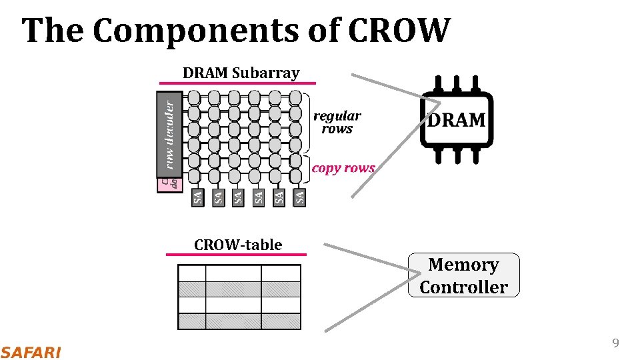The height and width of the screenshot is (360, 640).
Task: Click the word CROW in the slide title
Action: click(x=399, y=31)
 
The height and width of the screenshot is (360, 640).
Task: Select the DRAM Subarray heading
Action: click(x=241, y=73)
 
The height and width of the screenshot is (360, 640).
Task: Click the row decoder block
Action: click(x=170, y=133)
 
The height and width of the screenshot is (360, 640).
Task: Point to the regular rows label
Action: click(x=337, y=123)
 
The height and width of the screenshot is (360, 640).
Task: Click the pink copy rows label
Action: click(x=343, y=168)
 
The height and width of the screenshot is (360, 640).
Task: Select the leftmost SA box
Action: click(x=197, y=197)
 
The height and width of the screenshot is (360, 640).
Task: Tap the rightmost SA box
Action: click(x=300, y=197)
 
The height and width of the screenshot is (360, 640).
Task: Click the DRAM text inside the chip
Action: click(x=457, y=121)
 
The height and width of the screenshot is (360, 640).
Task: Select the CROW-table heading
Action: click(x=238, y=245)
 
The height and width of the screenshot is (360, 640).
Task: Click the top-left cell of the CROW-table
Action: click(x=192, y=273)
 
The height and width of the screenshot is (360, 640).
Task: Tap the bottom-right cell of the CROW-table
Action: click(x=281, y=321)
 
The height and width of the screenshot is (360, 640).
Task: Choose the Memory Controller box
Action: click(x=463, y=275)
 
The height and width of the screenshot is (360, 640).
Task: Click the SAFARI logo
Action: click(x=31, y=352)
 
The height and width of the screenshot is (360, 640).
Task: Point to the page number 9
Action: click(x=615, y=343)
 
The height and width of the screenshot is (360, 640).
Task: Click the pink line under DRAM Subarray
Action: click(x=237, y=83)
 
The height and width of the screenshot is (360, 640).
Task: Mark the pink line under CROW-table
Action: click(x=236, y=254)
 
